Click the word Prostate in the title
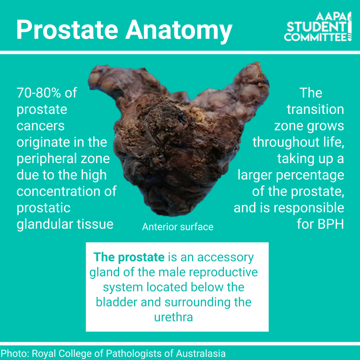pos(67,30)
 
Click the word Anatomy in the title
pos(179,31)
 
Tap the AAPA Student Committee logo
pos(318,27)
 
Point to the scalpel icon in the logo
pos(349,26)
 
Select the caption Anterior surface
pos(178,227)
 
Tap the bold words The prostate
pos(129,257)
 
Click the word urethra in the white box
pos(173,317)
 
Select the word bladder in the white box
pos(116,302)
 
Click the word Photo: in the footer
pos(15,353)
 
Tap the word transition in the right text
pos(315,109)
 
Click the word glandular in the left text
pos(45,225)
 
